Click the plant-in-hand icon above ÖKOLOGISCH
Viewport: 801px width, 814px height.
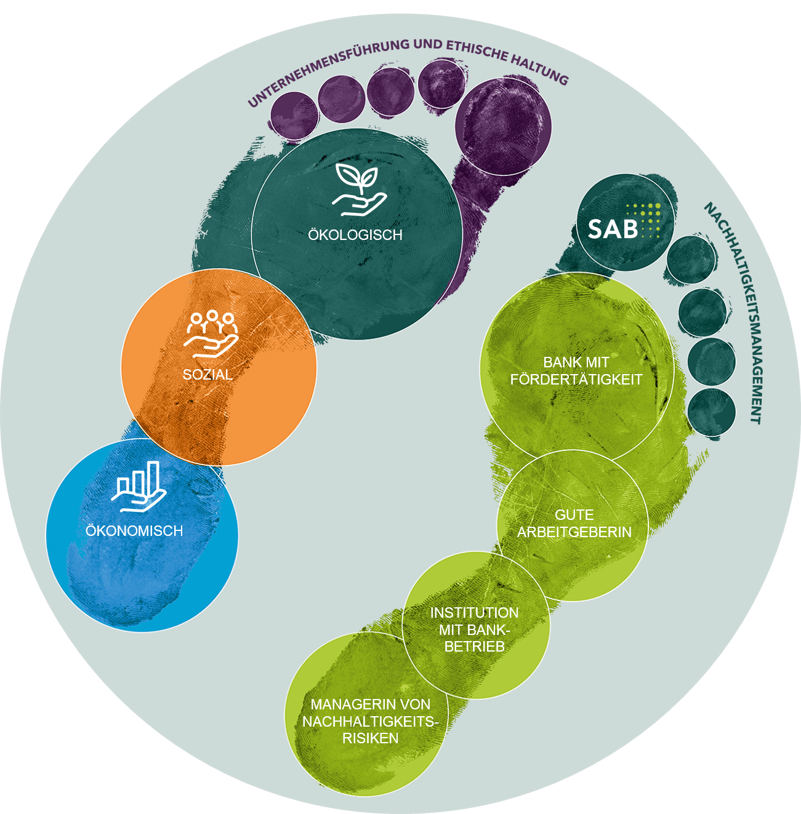pyautogui.click(x=359, y=190)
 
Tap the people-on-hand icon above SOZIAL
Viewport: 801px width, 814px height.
pyautogui.click(x=211, y=334)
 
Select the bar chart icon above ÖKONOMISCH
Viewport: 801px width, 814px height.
pyautogui.click(x=139, y=487)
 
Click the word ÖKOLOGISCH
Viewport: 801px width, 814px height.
pyautogui.click(x=355, y=234)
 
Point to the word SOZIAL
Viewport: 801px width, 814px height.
pyautogui.click(x=207, y=374)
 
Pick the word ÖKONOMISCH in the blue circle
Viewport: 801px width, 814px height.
pyautogui.click(x=134, y=530)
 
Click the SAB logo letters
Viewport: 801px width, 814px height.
pyautogui.click(x=613, y=229)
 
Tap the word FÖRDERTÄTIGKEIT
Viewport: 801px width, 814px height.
pyautogui.click(x=576, y=380)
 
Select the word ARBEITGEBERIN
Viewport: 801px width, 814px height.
pyautogui.click(x=574, y=532)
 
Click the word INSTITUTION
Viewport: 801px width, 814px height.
pyautogui.click(x=474, y=613)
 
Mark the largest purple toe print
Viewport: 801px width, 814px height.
pyautogui.click(x=503, y=127)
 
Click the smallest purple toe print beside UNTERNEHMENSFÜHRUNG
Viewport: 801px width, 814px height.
pyautogui.click(x=294, y=116)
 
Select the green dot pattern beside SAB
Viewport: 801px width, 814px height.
pyautogui.click(x=644, y=220)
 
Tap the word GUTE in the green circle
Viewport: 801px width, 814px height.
pyautogui.click(x=574, y=514)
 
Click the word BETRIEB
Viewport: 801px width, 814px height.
pyautogui.click(x=475, y=646)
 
